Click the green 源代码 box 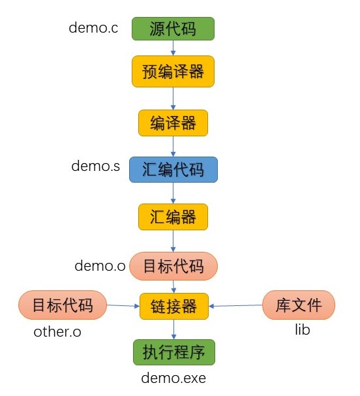tap(173, 29)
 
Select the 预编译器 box tap(173, 71)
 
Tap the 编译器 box tap(173, 123)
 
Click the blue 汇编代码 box tap(173, 169)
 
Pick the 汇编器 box tap(173, 217)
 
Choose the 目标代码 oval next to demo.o tap(173, 266)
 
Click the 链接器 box tap(173, 305)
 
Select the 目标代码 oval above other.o tap(62, 305)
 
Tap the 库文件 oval tap(299, 305)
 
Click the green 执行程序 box tap(173, 352)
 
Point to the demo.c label tap(93, 28)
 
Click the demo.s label tap(95, 166)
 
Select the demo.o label tap(100, 266)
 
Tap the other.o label tap(57, 332)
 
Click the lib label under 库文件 tap(301, 330)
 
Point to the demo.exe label tap(173, 378)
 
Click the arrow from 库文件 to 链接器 tap(235, 305)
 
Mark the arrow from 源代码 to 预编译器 tap(173, 48)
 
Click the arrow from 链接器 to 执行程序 tap(173, 329)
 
